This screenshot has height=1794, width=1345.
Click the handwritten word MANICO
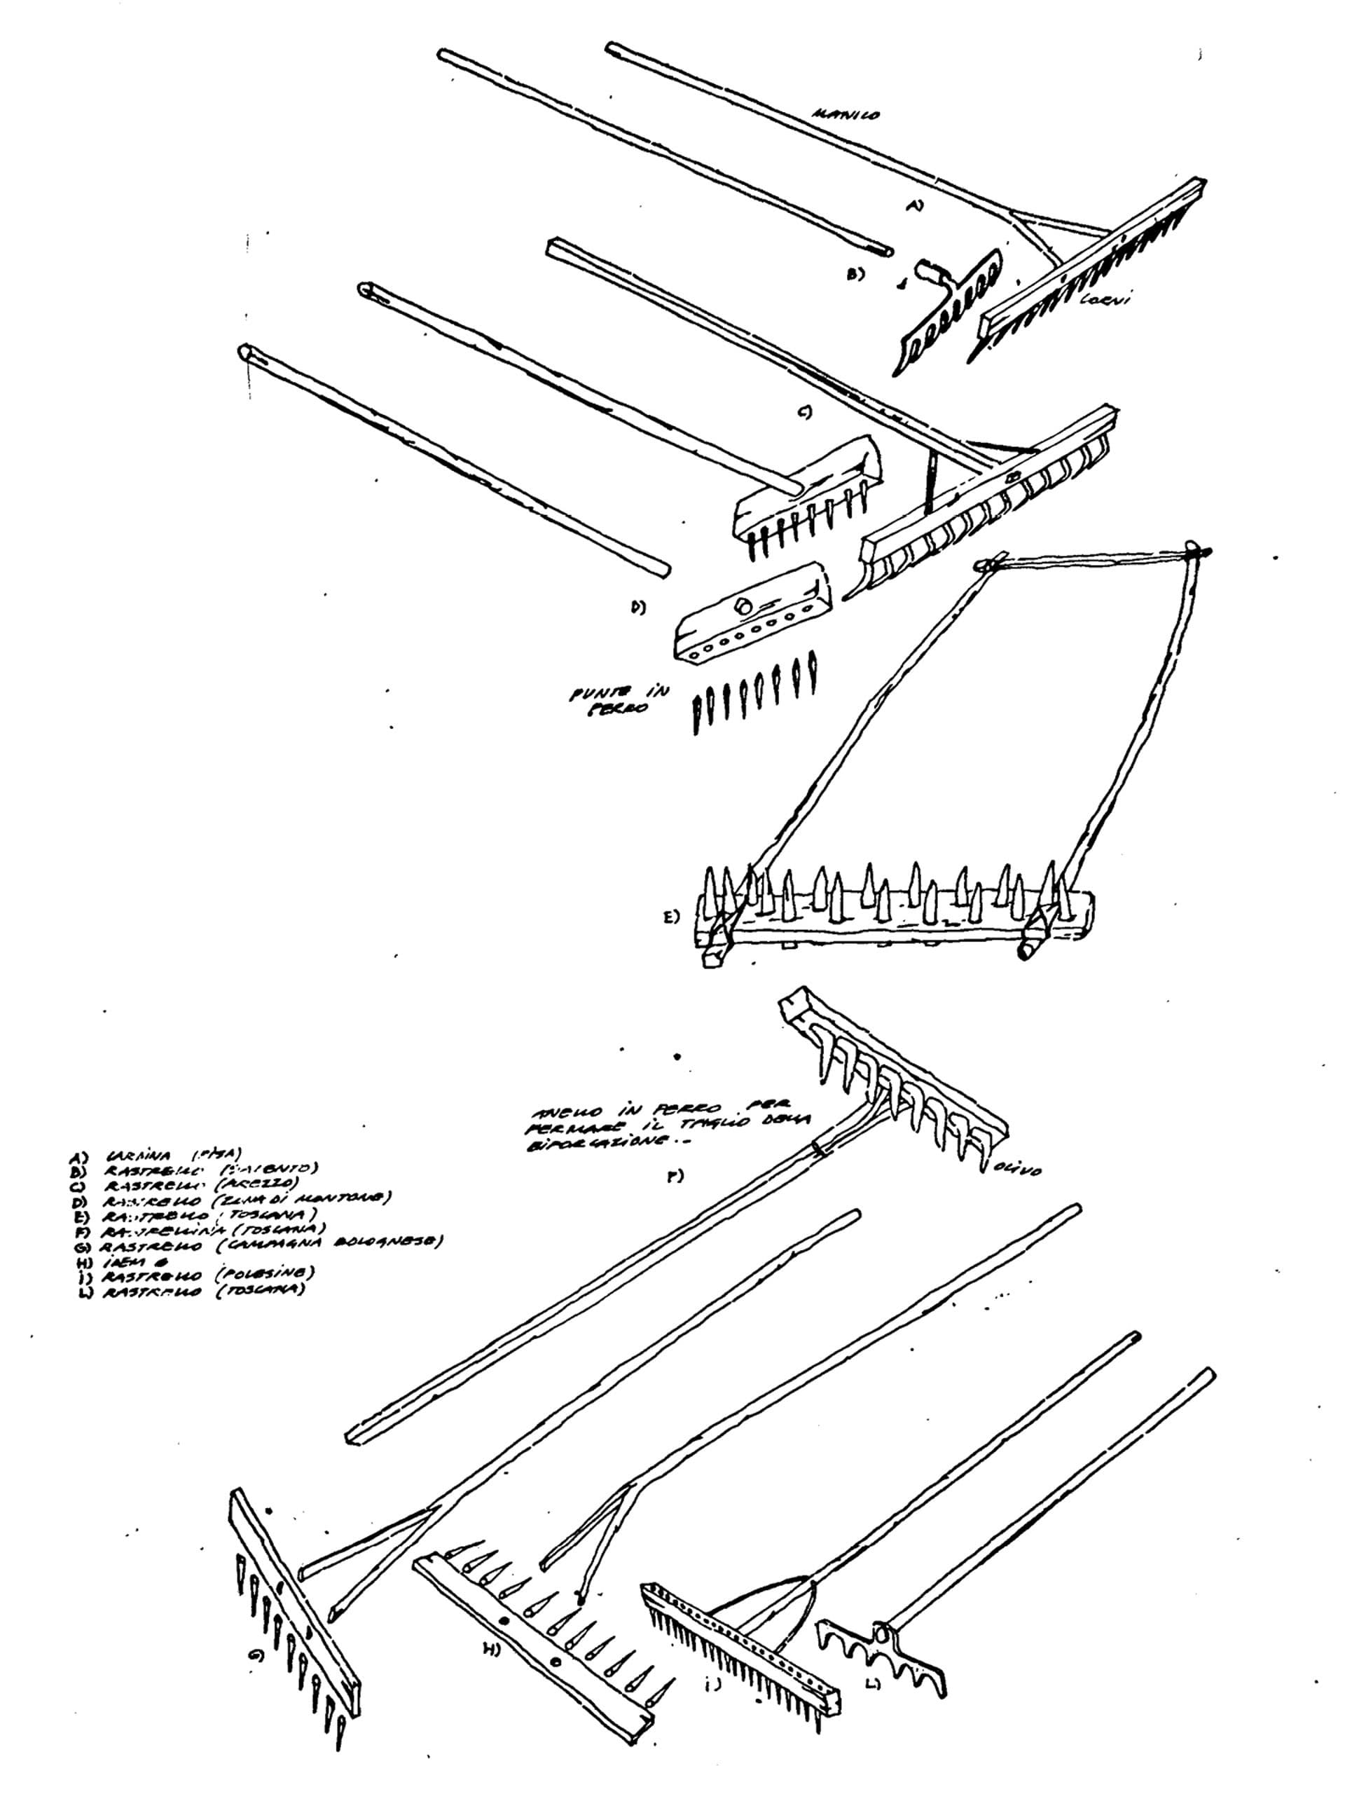pos(845,115)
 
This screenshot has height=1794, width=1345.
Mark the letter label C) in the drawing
pos(805,413)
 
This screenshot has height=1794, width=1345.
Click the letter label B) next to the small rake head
pos(855,274)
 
